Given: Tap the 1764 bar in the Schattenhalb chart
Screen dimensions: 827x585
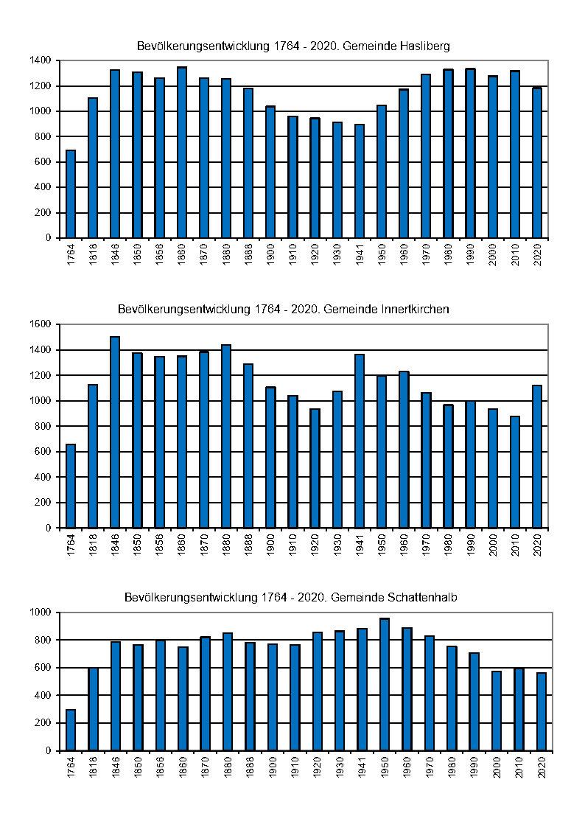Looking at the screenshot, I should click(71, 730).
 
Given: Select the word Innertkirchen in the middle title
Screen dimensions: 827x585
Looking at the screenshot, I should click(416, 310).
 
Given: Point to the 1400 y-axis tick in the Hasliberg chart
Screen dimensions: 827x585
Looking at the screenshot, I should click(41, 60).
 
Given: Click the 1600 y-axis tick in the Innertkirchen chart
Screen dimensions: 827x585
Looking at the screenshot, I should click(41, 324).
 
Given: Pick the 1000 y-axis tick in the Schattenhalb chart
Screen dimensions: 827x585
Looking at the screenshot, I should click(41, 613).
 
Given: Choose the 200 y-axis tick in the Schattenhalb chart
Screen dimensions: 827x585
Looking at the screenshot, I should click(43, 723).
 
